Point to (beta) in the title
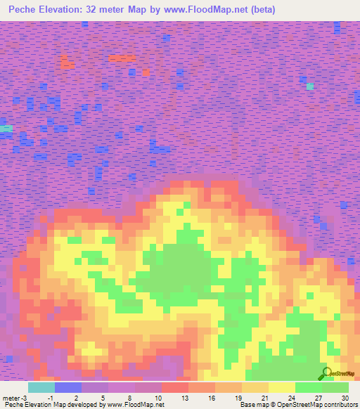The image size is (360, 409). (263, 10)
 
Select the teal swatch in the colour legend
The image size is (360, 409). (41, 387)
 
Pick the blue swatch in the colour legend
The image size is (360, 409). (68, 387)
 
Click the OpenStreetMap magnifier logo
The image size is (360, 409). (326, 372)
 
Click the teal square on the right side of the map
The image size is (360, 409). (309, 86)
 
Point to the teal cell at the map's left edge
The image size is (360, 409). (6, 129)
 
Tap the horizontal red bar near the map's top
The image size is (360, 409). (122, 58)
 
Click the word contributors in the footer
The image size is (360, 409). (342, 405)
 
